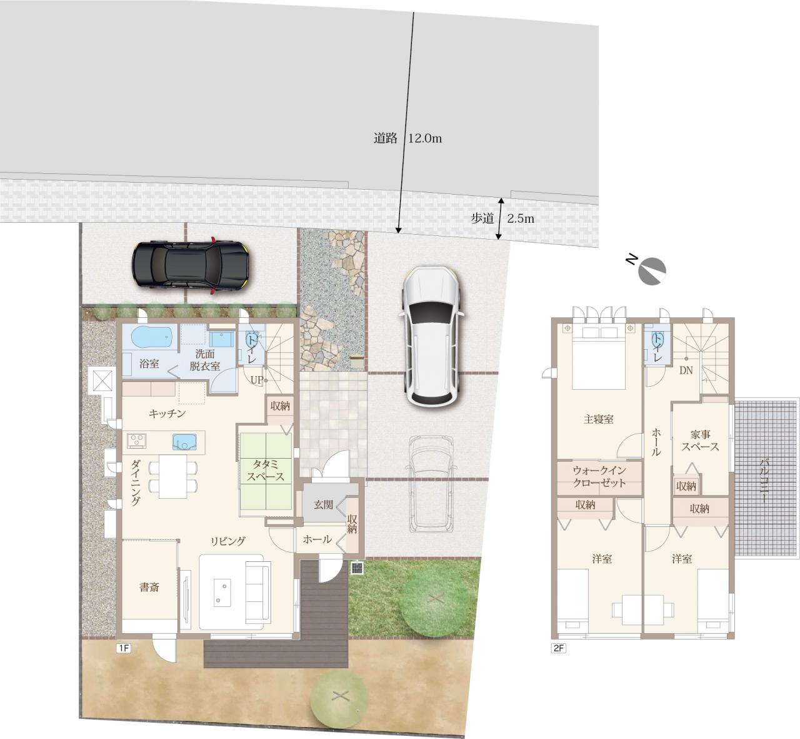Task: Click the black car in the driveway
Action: tap(190, 265)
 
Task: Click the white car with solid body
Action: tap(432, 335)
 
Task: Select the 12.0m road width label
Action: tap(424, 138)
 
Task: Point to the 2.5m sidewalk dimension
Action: tap(521, 218)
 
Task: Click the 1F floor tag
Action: tap(123, 648)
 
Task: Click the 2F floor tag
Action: tap(558, 648)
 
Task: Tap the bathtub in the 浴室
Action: tap(152, 337)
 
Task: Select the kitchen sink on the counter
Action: tap(184, 442)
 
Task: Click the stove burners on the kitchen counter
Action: tap(137, 440)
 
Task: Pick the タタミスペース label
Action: tap(266, 471)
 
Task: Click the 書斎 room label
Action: tap(149, 587)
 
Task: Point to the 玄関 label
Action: tap(324, 504)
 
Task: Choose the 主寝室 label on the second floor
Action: tap(599, 419)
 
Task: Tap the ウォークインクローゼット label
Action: tap(599, 476)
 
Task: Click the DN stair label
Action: tap(686, 370)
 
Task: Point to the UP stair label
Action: tap(257, 380)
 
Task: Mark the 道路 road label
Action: tap(386, 138)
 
